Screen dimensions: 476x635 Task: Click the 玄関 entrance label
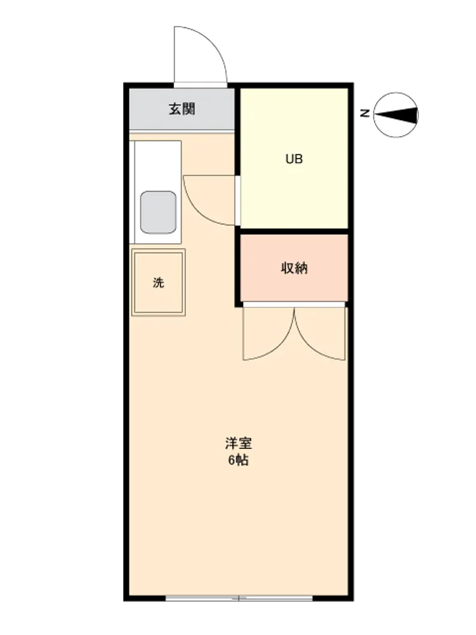pos(182,109)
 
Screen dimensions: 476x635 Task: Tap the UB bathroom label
pos(294,159)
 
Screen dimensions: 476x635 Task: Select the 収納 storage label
pos(294,268)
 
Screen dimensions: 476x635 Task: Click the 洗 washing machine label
pos(158,283)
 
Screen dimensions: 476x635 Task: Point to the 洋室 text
pos(239,443)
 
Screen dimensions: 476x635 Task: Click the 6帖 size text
pos(239,460)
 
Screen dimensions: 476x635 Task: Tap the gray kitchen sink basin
pos(158,212)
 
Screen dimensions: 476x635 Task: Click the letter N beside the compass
pos(365,114)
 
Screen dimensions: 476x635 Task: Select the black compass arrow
pos(396,115)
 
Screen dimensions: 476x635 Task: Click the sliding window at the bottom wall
pos(239,598)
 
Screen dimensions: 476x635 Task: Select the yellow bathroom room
pos(294,158)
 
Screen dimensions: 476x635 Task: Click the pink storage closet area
pos(294,268)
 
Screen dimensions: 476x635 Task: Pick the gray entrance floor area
pos(182,109)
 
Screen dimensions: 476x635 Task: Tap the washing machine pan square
pos(158,283)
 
